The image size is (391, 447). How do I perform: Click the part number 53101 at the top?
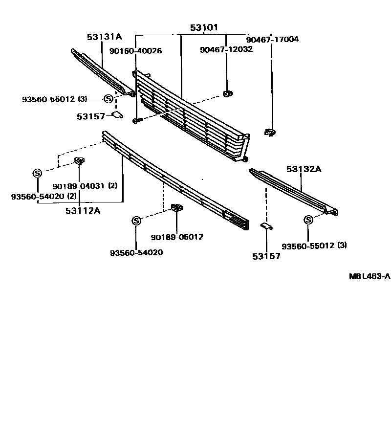204,27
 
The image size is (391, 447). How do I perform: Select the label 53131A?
105,37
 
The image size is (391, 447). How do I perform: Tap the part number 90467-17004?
272,40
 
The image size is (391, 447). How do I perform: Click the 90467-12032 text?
226,49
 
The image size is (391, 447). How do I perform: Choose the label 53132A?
304,169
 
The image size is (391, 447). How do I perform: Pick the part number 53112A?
83,211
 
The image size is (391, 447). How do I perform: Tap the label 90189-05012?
177,237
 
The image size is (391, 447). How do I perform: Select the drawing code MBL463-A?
369,276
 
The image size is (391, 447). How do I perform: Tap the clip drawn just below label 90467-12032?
227,93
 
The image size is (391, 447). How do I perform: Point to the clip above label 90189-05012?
177,208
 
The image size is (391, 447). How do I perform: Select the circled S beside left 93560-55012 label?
109,99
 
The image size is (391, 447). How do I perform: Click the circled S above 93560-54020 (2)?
37,173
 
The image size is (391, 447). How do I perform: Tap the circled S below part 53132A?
308,220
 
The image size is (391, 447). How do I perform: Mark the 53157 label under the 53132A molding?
266,256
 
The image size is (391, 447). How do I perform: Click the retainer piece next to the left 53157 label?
117,115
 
